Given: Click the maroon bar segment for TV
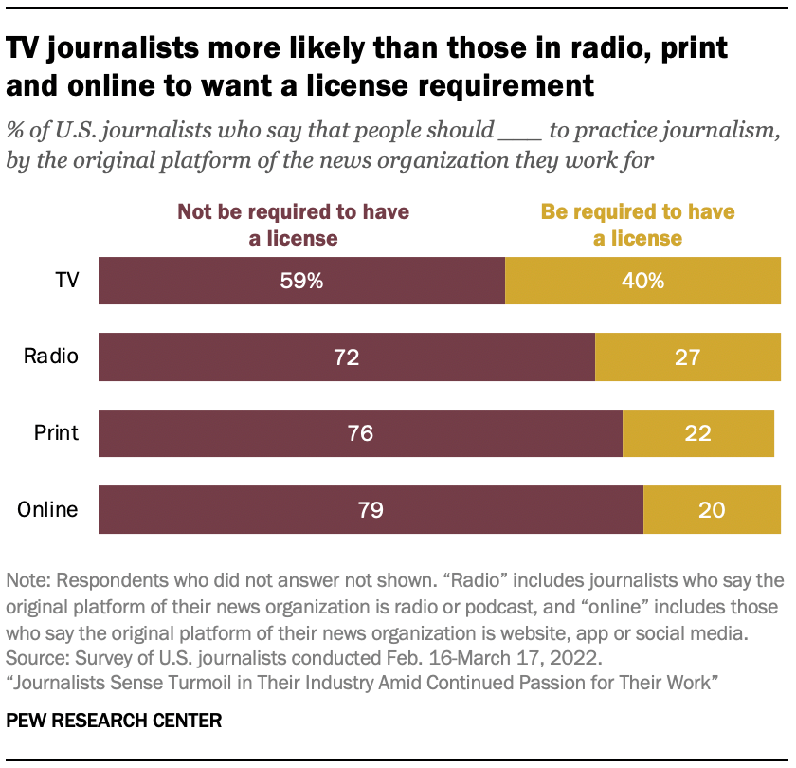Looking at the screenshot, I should pyautogui.click(x=301, y=281).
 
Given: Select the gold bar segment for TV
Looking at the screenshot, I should pyautogui.click(x=642, y=281).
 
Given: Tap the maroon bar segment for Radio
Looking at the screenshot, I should pyautogui.click(x=346, y=357).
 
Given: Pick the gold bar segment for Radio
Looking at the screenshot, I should pyautogui.click(x=687, y=357).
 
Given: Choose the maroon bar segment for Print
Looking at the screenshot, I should pyautogui.click(x=360, y=433).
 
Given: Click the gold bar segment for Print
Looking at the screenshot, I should pyautogui.click(x=697, y=433).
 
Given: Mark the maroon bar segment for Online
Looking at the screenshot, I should pyautogui.click(x=371, y=510).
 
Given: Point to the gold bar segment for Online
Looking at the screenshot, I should pyautogui.click(x=712, y=510).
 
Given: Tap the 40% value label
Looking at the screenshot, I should pyautogui.click(x=643, y=281).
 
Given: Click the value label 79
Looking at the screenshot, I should pyautogui.click(x=370, y=510).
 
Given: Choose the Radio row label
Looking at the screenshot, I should pyautogui.click(x=50, y=357).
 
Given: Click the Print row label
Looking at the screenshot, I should pyautogui.click(x=56, y=433).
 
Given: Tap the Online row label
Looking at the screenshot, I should pyautogui.click(x=47, y=510).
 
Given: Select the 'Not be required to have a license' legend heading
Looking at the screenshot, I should pyautogui.click(x=293, y=225).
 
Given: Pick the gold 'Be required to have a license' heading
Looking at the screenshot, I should pyautogui.click(x=638, y=225).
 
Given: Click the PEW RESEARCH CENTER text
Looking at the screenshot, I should pyautogui.click(x=114, y=721).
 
